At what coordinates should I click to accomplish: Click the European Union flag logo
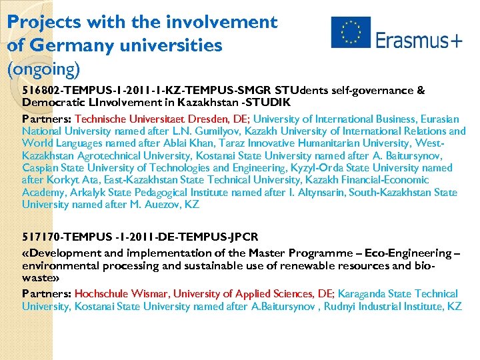(x=350, y=32)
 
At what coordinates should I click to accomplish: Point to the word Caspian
(x=40, y=168)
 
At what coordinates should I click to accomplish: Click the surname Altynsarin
(x=322, y=193)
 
